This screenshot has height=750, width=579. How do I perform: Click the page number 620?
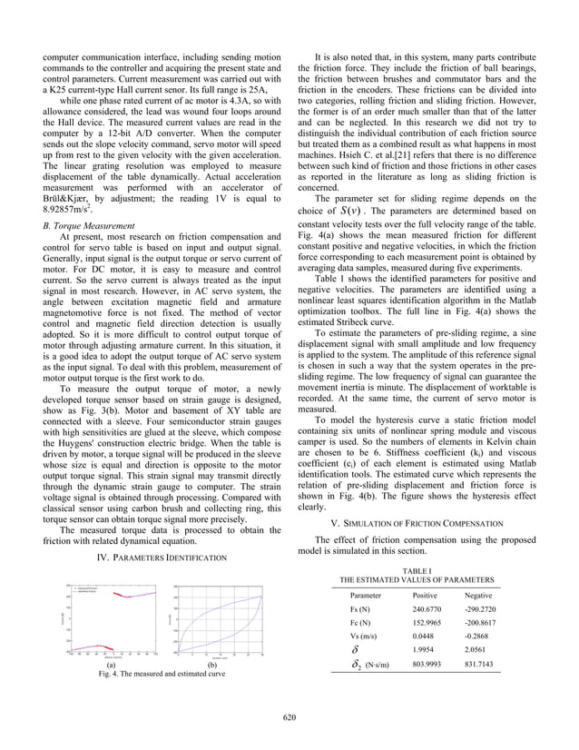coord(289,717)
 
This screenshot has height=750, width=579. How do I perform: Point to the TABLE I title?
coord(417,569)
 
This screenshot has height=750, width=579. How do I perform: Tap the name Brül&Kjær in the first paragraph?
coord(65,194)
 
